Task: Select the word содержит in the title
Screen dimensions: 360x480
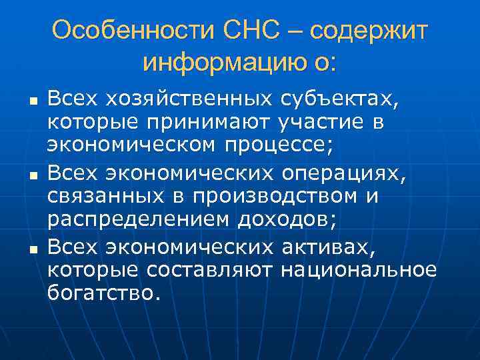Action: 369,32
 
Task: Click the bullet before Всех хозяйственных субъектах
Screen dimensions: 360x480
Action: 33,101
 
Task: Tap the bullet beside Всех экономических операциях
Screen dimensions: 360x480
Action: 33,176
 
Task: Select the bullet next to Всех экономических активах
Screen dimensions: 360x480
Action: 33,251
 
